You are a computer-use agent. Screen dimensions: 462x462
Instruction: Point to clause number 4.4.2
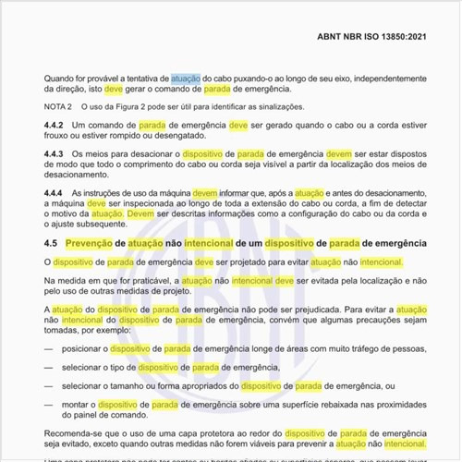(x=55, y=124)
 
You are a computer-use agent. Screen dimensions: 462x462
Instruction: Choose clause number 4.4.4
(x=55, y=192)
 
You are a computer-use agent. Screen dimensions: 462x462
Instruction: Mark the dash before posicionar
(x=48, y=349)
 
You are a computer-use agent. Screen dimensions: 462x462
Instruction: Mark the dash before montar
(x=48, y=404)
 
